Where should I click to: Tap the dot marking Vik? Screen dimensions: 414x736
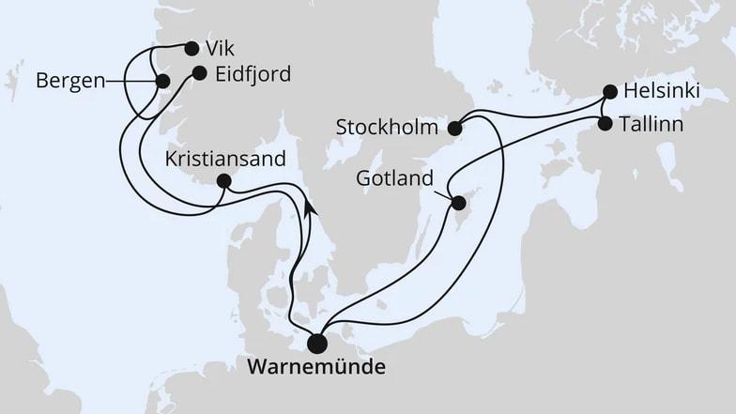click(192, 48)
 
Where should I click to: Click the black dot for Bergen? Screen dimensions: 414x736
click(162, 81)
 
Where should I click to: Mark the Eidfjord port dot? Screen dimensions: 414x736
click(199, 72)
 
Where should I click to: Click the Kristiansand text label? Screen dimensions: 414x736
click(224, 159)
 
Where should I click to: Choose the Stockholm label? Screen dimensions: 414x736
click(387, 127)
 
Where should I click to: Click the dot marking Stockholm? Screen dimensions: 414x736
click(454, 128)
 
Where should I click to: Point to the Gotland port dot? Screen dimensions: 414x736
click(458, 203)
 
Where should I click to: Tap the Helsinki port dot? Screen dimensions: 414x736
click(610, 92)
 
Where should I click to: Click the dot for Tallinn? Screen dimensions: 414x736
click(605, 123)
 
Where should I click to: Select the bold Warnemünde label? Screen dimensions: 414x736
click(315, 368)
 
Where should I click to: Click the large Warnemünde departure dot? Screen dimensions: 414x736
click(317, 345)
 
